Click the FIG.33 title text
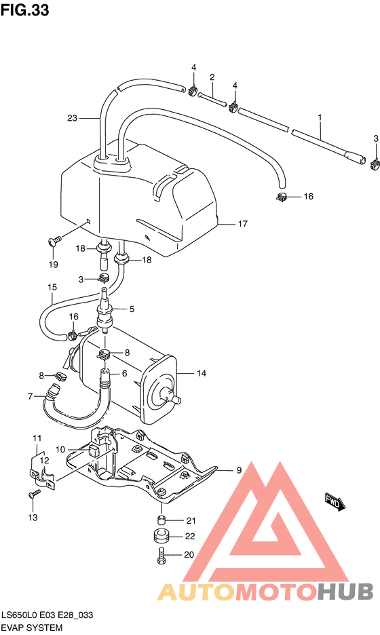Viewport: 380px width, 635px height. coord(24,10)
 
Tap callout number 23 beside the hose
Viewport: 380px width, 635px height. coord(73,118)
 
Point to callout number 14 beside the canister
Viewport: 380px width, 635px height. coord(202,373)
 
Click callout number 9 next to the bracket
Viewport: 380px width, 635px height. coord(239,470)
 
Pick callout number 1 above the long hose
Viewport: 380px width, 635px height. coord(319,117)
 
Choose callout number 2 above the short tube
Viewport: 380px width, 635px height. coord(212,77)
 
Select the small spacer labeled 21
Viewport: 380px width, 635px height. coord(161,520)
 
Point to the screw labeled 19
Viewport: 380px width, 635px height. coord(54,239)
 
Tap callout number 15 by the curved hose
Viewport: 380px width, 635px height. coord(52,287)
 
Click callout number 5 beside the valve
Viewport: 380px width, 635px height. coord(132,309)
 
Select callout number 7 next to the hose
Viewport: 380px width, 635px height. coord(30,396)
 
